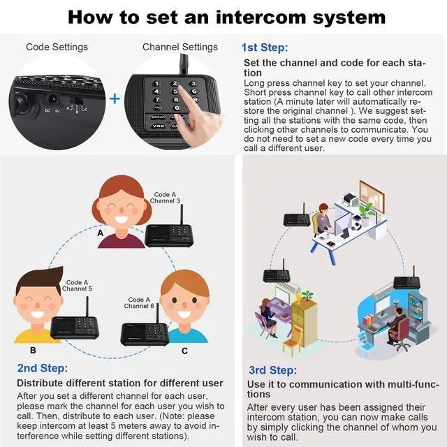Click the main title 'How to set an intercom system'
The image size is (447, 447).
[x=223, y=16]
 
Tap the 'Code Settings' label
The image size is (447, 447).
[x=57, y=47]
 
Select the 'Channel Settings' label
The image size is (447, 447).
[x=180, y=47]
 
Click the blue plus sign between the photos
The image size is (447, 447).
[x=115, y=98]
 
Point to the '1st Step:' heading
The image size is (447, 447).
[x=265, y=47]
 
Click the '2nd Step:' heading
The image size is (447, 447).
[x=43, y=367]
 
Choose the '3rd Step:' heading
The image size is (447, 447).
[x=272, y=369]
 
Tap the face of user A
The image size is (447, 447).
[x=122, y=207]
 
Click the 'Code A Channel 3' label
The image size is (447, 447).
[x=166, y=198]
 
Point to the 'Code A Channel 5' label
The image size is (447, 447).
[x=77, y=286]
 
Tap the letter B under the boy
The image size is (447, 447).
[x=33, y=351]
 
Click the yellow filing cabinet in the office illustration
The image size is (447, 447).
[x=305, y=318]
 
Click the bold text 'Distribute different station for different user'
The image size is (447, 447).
[x=120, y=383]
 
